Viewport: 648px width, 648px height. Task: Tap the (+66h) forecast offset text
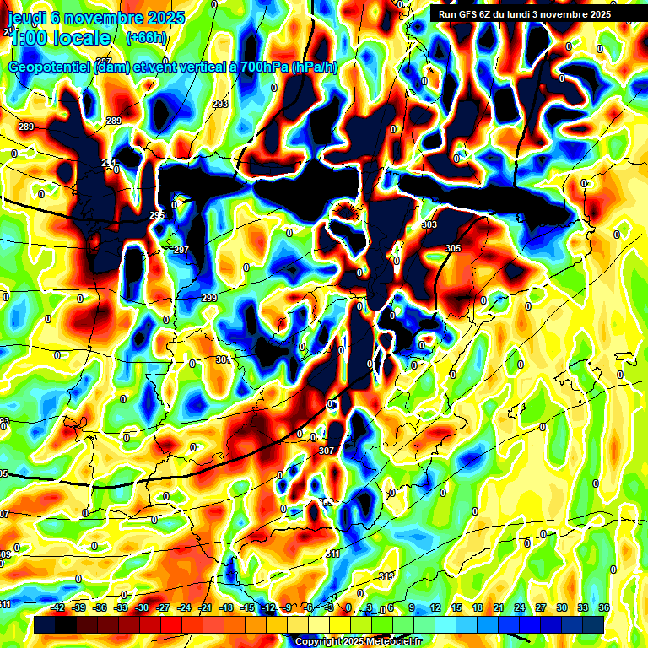pos(146,37)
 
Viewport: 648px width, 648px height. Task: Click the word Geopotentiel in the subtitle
pos(47,67)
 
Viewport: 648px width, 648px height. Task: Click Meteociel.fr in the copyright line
pos(391,642)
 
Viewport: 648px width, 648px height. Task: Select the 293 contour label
pos(220,104)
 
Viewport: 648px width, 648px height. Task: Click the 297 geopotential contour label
pos(181,251)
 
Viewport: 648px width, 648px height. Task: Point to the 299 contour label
pos(209,298)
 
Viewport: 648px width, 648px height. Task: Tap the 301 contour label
pos(223,359)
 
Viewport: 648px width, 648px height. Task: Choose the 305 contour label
pos(453,248)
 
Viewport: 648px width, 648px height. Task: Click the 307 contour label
pos(327,451)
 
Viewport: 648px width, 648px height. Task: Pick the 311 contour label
pos(332,553)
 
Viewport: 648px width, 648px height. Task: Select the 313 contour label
pos(386,575)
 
